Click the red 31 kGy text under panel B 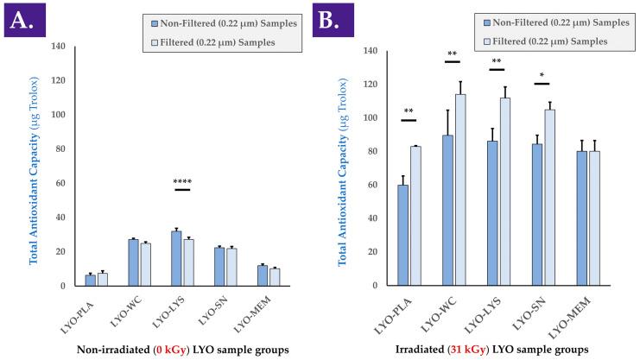(483, 350)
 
